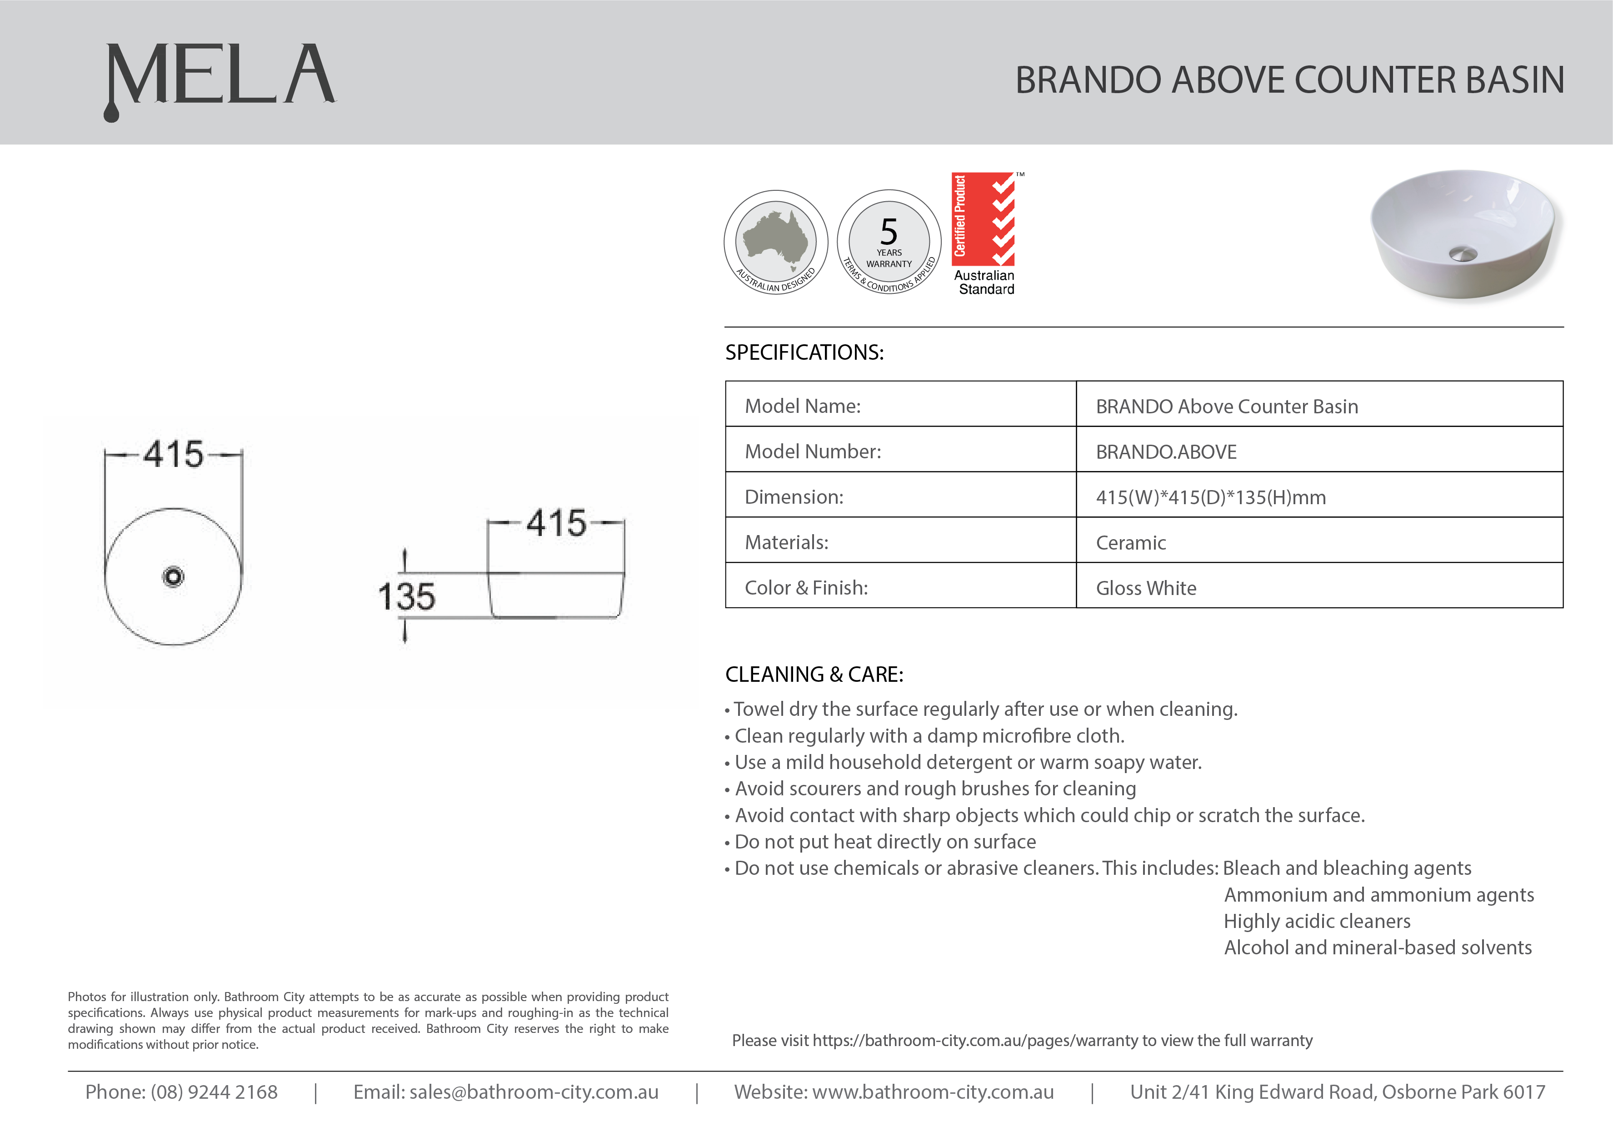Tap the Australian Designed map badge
click(776, 242)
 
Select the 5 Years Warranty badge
click(889, 242)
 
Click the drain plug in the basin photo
click(1463, 253)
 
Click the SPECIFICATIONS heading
click(804, 352)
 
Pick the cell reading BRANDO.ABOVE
click(1166, 452)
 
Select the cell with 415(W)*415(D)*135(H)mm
click(1210, 497)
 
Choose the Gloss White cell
click(1146, 588)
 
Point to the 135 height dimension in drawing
click(406, 596)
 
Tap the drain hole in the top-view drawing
click(173, 577)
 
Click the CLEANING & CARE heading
click(814, 675)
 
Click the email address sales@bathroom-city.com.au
click(534, 1092)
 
